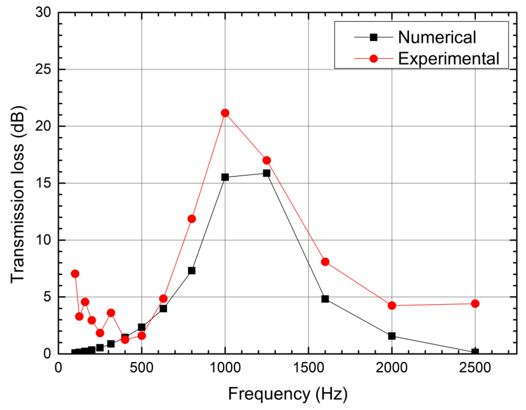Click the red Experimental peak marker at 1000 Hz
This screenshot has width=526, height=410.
click(225, 113)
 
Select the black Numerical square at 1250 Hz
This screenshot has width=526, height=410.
click(267, 173)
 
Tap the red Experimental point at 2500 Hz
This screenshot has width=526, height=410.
click(475, 304)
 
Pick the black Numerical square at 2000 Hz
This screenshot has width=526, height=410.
click(392, 336)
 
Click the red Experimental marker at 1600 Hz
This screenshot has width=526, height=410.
click(325, 262)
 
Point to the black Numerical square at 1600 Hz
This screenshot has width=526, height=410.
click(325, 299)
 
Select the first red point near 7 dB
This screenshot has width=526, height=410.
click(75, 274)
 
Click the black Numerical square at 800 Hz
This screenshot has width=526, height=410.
click(192, 270)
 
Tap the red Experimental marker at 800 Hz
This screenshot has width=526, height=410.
click(192, 219)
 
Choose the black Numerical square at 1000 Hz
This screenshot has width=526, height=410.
click(225, 177)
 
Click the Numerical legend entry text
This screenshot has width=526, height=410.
click(437, 37)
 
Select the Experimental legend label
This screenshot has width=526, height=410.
click(448, 59)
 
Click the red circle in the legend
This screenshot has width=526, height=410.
click(373, 59)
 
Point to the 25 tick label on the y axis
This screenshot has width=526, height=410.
click(43, 69)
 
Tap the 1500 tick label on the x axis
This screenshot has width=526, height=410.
click(308, 368)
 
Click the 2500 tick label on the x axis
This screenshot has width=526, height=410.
click(475, 368)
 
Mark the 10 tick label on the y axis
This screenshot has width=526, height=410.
click(43, 240)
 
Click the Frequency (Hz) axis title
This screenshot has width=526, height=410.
click(288, 394)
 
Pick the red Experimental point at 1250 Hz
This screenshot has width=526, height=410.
click(267, 160)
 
